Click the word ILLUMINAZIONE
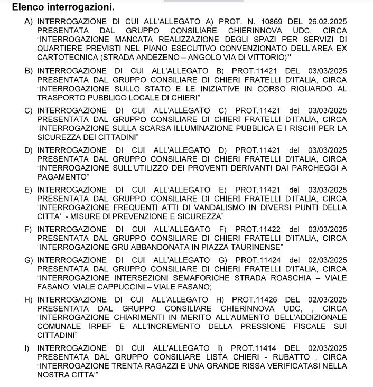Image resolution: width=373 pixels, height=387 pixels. pyautogui.click(x=206, y=128)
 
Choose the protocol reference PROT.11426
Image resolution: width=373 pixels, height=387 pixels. pyautogui.click(x=255, y=299)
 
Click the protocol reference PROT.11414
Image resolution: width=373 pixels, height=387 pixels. pyautogui.click(x=255, y=348)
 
